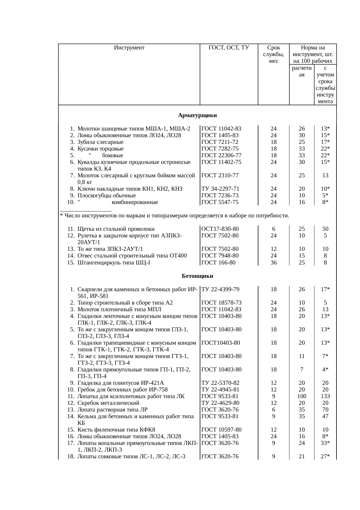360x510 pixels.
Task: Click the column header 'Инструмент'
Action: point(129,48)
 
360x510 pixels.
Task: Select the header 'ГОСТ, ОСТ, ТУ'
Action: point(229,48)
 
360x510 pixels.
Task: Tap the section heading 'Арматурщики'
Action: point(197,115)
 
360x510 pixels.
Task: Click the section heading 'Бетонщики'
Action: point(197,276)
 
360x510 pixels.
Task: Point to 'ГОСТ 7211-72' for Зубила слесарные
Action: point(220,142)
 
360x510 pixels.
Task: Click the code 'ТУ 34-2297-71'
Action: point(221,189)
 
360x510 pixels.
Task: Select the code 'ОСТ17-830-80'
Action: point(220,229)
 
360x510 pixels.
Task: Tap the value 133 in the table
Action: point(325,396)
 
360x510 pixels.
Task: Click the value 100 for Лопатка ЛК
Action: point(302,396)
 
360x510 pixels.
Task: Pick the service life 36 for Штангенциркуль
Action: point(273,263)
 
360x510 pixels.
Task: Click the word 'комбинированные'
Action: point(135,202)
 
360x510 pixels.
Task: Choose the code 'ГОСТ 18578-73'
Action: point(221,303)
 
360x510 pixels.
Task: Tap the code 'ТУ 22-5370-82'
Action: point(220,383)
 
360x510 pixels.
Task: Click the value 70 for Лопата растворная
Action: point(325,410)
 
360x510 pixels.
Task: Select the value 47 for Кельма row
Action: point(325,416)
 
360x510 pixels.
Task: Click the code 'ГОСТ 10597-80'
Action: point(221,430)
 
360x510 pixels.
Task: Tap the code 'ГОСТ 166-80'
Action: point(218,263)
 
